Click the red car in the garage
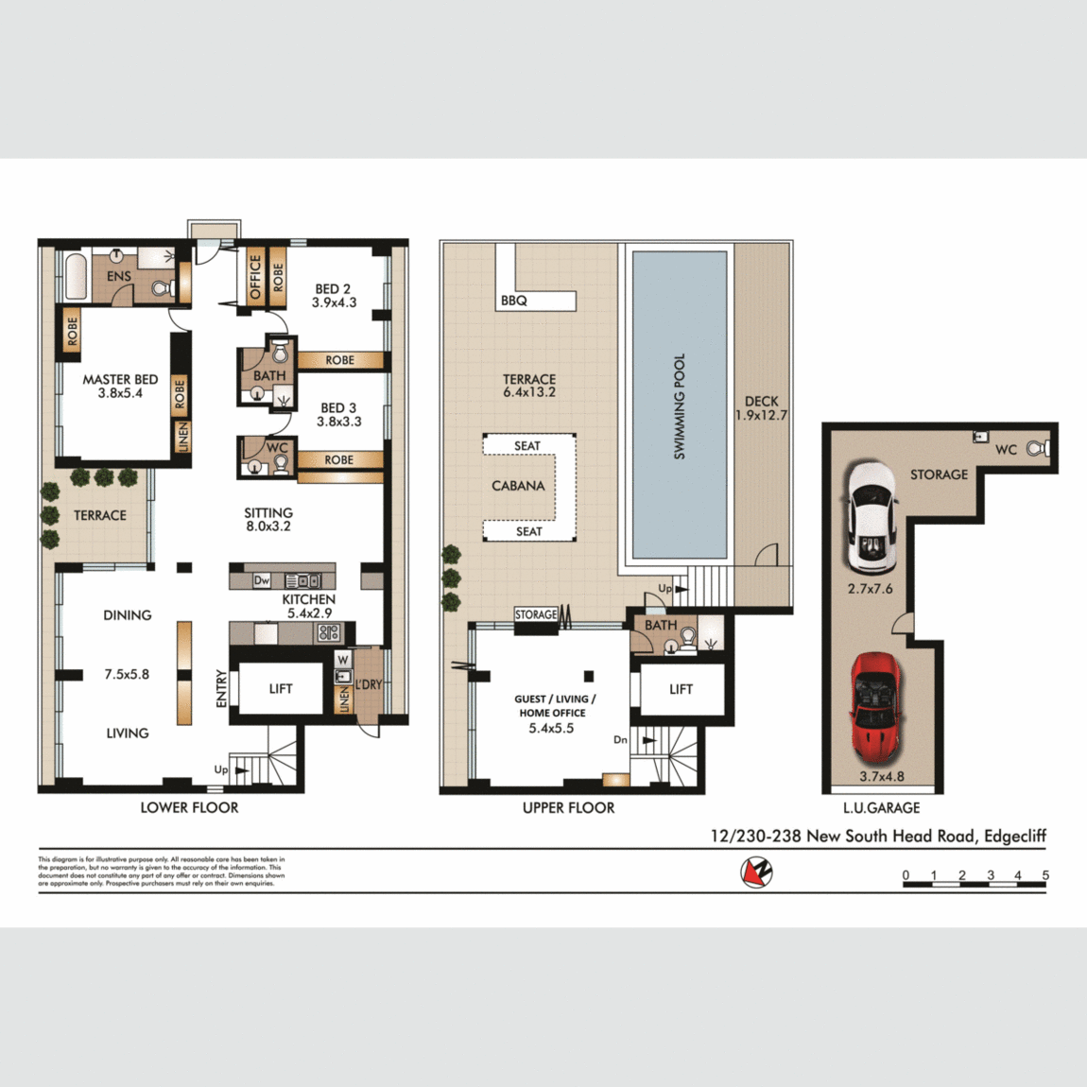click(877, 709)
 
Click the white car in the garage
click(871, 516)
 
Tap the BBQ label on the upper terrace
click(514, 301)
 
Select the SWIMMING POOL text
click(679, 407)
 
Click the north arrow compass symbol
click(756, 871)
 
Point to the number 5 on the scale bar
click(1045, 875)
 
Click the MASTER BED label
click(120, 379)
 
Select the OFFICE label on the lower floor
click(255, 278)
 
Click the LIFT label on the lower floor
click(281, 689)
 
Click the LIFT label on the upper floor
click(681, 689)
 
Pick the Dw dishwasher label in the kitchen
click(262, 580)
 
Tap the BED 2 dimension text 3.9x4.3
click(334, 302)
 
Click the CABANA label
click(518, 486)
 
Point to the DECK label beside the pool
click(761, 401)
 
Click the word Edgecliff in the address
click(1014, 836)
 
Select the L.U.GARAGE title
click(881, 808)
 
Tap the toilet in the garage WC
click(1038, 449)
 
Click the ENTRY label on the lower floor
click(222, 688)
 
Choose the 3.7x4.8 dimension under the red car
click(881, 777)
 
